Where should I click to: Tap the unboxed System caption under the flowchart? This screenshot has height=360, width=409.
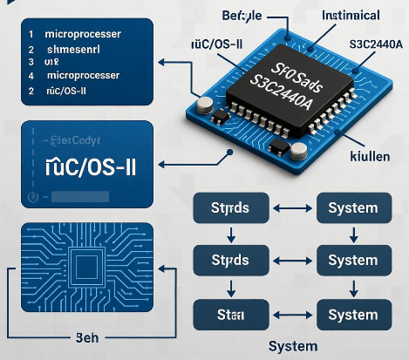[x=292, y=345]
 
